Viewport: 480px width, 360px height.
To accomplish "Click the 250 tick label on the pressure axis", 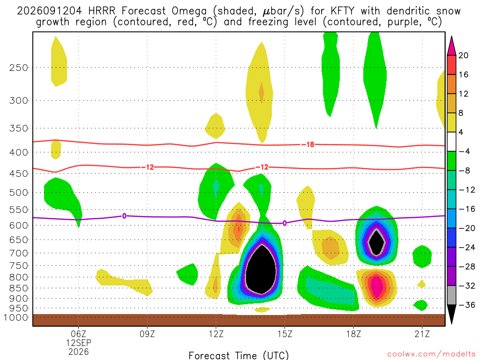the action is (18, 67).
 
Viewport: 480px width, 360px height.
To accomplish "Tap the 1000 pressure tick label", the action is (16, 317).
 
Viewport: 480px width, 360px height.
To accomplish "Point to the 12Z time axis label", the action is (216, 334).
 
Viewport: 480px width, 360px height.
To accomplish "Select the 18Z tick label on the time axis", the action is (353, 334).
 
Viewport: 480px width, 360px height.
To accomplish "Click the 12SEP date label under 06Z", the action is (79, 343).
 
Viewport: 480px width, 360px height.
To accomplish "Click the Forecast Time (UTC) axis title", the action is (239, 355).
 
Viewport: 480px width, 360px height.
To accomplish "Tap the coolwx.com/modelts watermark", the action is (431, 354).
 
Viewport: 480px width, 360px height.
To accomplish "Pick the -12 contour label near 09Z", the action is (147, 167).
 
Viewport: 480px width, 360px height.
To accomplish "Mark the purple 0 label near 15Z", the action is (285, 223).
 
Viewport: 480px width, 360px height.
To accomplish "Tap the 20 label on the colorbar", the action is (464, 55).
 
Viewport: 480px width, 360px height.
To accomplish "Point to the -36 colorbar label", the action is (467, 305).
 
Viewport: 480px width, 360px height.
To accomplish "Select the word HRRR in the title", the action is (102, 11).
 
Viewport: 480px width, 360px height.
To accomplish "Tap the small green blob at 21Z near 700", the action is (422, 256).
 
